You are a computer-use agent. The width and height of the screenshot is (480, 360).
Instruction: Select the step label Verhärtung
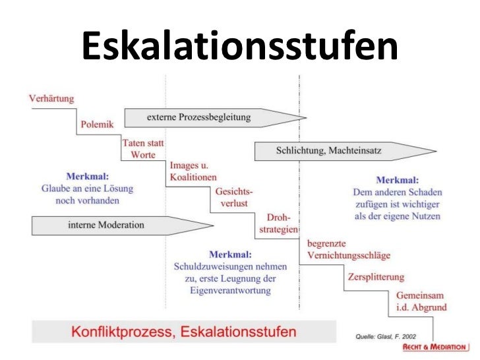pyautogui.click(x=51, y=99)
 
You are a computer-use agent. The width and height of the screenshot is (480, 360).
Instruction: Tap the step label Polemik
pyautogui.click(x=98, y=123)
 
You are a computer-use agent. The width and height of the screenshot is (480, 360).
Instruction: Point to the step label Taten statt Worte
pyautogui.click(x=143, y=148)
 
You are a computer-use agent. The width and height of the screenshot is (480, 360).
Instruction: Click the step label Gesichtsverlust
pyautogui.click(x=233, y=197)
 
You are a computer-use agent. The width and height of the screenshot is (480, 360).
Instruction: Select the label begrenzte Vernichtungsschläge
pyautogui.click(x=349, y=249)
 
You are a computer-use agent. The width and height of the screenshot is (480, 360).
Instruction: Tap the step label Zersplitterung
pyautogui.click(x=376, y=277)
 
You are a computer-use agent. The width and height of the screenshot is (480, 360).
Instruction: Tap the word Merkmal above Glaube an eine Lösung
pyautogui.click(x=87, y=177)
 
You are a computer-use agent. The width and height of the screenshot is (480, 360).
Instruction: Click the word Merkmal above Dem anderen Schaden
pyautogui.click(x=397, y=179)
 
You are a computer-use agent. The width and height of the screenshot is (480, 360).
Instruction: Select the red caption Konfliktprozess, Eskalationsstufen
pyautogui.click(x=184, y=330)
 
